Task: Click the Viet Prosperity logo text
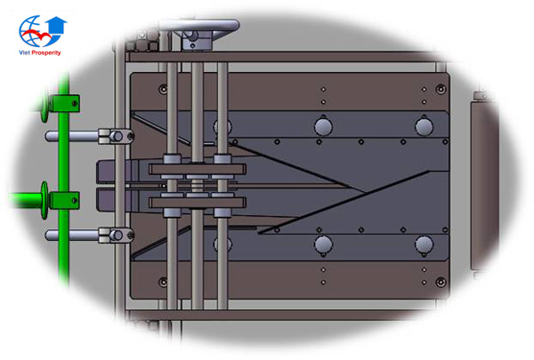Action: pos(40,52)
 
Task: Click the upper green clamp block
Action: pos(66,103)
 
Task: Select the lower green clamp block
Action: pos(65,200)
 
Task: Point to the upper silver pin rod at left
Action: pos(72,137)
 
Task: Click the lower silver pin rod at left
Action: pos(72,235)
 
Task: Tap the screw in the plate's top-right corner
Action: pos(441,90)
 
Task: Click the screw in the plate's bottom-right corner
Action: pos(441,282)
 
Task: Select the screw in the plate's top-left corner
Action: pos(164,90)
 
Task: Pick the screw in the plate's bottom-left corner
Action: pos(164,282)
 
